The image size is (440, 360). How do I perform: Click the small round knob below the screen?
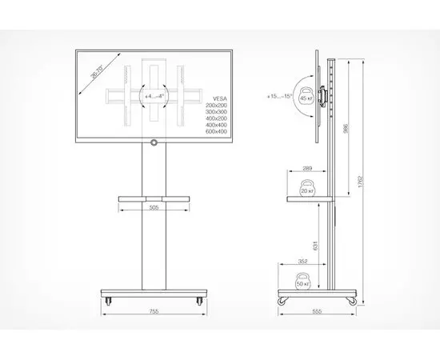point(153,143)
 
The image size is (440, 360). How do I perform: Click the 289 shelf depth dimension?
point(307,170)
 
